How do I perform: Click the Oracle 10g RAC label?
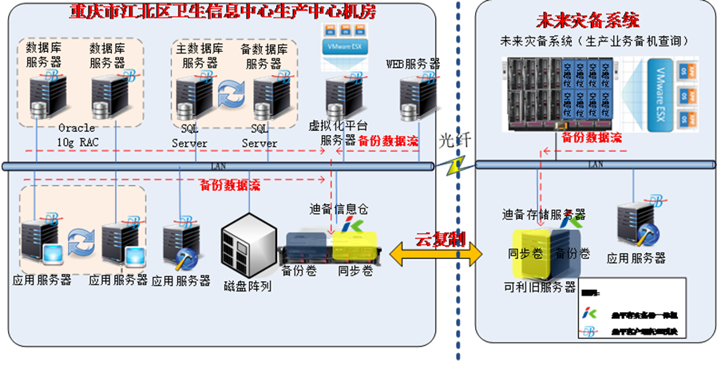[77, 135]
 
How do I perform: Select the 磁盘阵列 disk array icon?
[249, 240]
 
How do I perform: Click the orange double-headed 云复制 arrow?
[444, 254]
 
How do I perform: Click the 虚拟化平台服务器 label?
[332, 133]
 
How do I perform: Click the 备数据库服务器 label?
[264, 56]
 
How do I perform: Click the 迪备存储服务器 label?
[544, 215]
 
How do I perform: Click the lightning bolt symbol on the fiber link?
[456, 165]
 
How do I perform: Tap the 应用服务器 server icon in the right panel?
[638, 223]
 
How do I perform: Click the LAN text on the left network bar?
[216, 165]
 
